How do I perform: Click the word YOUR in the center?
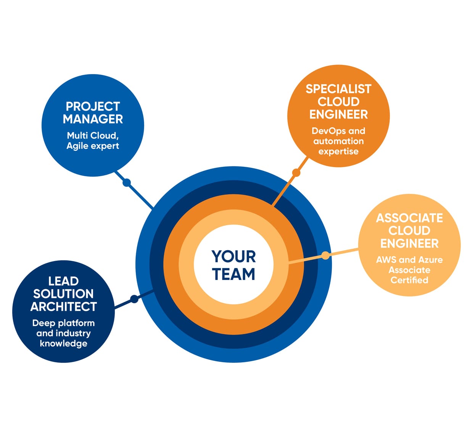point(233,257)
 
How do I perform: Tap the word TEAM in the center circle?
point(233,274)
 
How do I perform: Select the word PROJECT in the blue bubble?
point(93,106)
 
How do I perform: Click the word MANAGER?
point(93,119)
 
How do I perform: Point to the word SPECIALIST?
point(338,89)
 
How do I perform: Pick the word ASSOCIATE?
point(409,218)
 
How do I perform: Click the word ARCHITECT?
point(64,306)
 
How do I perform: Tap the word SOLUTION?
point(63,294)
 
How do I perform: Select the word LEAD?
point(63,281)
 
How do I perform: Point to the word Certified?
point(409,280)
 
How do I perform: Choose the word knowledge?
point(64,343)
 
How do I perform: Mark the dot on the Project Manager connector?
point(127,183)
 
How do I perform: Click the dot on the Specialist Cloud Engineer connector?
point(296,173)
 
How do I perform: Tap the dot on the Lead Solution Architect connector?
point(134,299)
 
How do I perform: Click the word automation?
point(338,141)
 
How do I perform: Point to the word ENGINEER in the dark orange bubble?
point(338,114)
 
